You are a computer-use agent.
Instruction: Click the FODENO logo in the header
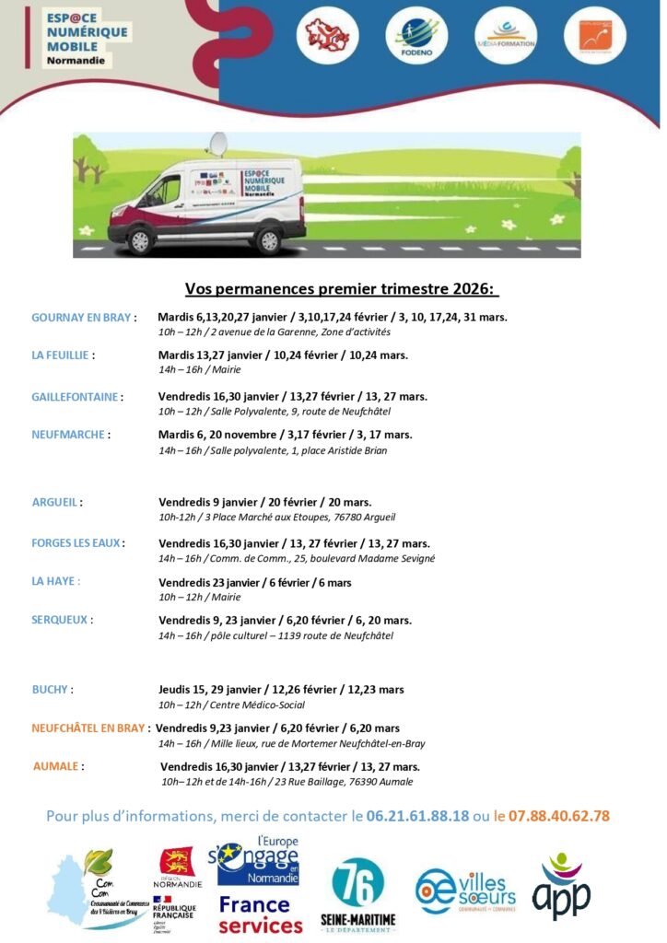coord(416,36)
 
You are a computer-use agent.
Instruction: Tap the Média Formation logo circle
coord(505,36)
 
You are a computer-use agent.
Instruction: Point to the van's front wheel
coord(141,239)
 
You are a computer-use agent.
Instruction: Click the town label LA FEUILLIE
coord(64,355)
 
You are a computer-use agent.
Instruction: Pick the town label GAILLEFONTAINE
coord(76,397)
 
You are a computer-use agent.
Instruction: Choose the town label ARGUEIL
coord(56,503)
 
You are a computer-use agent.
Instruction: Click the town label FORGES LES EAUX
coord(77,543)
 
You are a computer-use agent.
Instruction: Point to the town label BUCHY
coord(52,689)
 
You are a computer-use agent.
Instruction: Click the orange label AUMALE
coord(58,766)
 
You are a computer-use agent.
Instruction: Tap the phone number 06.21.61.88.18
coord(417,816)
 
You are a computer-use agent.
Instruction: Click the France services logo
coord(260,914)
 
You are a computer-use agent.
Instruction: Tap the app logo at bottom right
coord(561,888)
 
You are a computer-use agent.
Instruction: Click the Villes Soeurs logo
coord(465,890)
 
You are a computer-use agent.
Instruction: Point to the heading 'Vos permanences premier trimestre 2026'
coord(342,289)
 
